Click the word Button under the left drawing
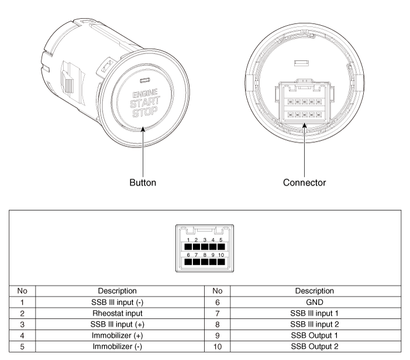(143, 183)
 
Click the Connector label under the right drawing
(304, 183)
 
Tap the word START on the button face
(145, 102)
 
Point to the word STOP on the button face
(145, 112)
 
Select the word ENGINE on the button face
(145, 94)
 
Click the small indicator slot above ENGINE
(145, 80)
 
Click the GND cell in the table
(315, 302)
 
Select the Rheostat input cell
(118, 313)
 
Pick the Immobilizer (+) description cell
(118, 335)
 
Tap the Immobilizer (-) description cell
(118, 347)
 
